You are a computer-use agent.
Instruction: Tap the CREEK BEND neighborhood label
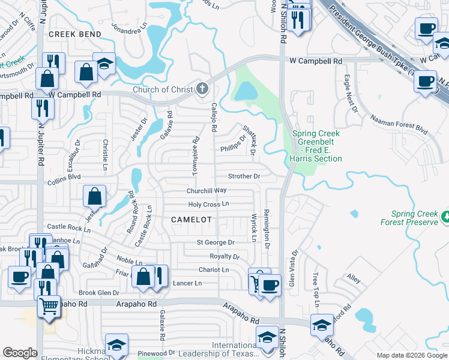[75, 34]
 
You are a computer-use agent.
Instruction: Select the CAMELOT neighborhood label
[191, 220]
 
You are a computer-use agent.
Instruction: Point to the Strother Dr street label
[244, 176]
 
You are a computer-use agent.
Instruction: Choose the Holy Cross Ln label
[209, 204]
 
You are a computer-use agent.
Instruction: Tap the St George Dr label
[215, 242]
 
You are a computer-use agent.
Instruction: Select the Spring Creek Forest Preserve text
[414, 218]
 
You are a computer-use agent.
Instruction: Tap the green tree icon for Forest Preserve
[445, 216]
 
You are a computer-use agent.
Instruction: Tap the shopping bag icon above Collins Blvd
[95, 196]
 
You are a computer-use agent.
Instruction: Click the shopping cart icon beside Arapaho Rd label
[49, 306]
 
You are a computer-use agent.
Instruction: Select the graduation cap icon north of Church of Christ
[104, 64]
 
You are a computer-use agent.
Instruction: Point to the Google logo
[20, 353]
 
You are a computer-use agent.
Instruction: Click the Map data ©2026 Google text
[411, 355]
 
